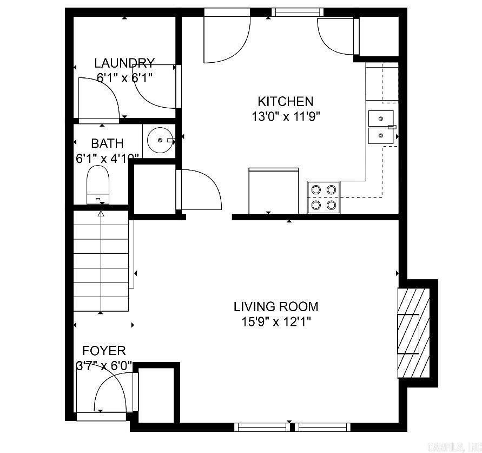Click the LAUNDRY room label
click(124, 63)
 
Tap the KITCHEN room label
click(285, 101)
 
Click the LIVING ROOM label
click(276, 307)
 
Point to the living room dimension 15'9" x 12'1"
click(276, 321)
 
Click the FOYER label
click(104, 351)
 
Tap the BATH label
click(107, 143)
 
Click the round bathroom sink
click(160, 140)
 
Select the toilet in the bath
click(98, 184)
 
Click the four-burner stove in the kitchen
click(323, 197)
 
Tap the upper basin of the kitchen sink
click(381, 118)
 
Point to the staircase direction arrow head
click(101, 214)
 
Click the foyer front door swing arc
click(111, 390)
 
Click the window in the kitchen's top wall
click(297, 11)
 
